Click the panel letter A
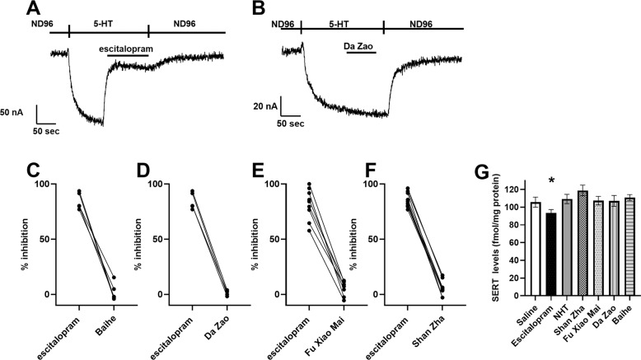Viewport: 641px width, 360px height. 55,10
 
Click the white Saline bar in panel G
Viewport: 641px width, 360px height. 535,248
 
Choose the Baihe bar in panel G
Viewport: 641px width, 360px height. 629,246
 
